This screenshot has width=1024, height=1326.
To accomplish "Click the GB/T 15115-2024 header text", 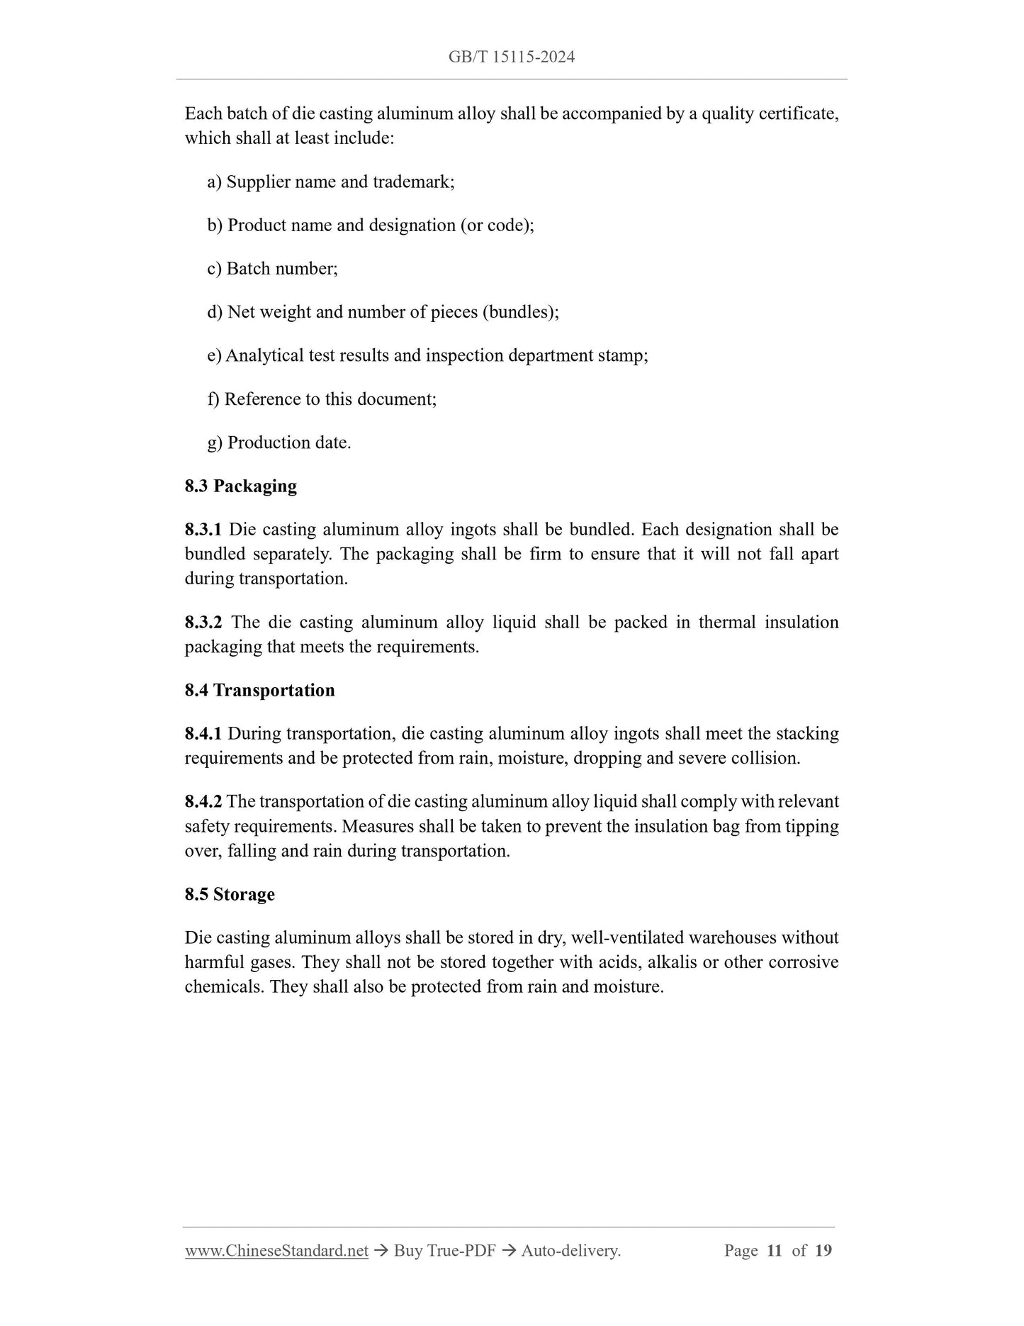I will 511,57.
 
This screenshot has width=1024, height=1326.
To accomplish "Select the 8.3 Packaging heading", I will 241,486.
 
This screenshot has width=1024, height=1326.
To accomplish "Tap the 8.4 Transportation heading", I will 259,691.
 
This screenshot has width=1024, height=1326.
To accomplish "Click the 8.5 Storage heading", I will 230,894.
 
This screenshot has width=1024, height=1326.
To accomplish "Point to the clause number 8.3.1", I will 203,530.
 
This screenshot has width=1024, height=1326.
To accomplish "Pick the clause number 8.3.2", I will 203,623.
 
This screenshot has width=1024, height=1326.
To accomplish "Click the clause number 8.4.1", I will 203,734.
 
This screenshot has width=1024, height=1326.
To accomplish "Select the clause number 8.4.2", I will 203,802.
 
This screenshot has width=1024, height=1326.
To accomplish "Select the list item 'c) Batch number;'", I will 273,269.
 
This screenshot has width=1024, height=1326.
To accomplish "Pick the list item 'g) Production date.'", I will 279,443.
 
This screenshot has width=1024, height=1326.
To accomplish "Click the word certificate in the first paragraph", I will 797,114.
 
